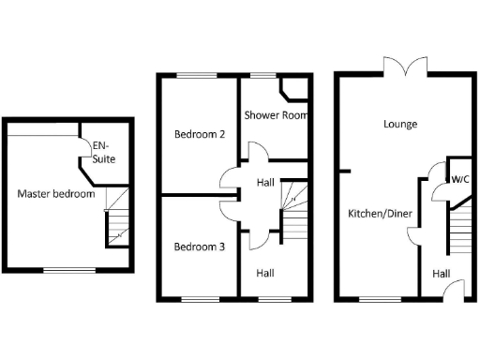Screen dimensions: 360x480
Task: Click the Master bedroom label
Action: click(56, 194)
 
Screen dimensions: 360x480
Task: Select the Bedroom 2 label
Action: click(200, 134)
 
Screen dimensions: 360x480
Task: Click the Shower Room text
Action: click(277, 115)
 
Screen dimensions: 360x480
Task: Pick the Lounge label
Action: click(400, 124)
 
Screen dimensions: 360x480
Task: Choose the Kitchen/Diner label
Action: click(381, 214)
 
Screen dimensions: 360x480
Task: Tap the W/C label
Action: click(460, 179)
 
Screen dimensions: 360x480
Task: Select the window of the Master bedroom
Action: click(68, 271)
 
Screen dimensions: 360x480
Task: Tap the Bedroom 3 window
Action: click(198, 299)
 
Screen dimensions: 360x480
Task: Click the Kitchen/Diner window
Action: click(374, 299)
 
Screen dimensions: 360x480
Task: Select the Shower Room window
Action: click(262, 75)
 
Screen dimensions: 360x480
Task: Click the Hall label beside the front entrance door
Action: click(441, 274)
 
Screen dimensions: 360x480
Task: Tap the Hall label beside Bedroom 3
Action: click(265, 273)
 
